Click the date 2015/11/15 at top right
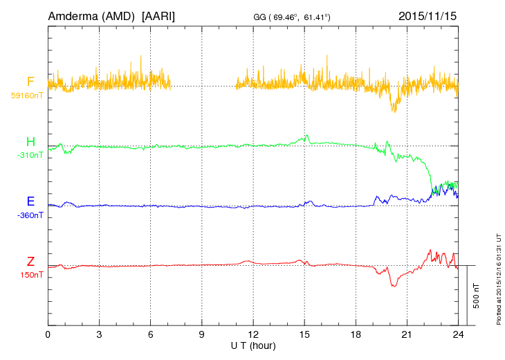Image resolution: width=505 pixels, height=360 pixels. coord(428,15)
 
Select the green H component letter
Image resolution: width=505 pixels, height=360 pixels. coord(30,142)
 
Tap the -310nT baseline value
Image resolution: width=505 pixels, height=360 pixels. coord(30,155)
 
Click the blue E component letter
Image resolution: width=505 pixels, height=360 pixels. coord(30,201)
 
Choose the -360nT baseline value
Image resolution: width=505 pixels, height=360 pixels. coord(30,215)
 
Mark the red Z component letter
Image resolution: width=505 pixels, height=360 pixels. coord(30,262)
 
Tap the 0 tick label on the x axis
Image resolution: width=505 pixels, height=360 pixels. coord(48,334)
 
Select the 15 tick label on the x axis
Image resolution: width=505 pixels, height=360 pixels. coord(304,334)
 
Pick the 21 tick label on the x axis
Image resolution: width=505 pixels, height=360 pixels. coord(407,334)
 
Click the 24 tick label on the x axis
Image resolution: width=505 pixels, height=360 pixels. coord(458,334)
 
